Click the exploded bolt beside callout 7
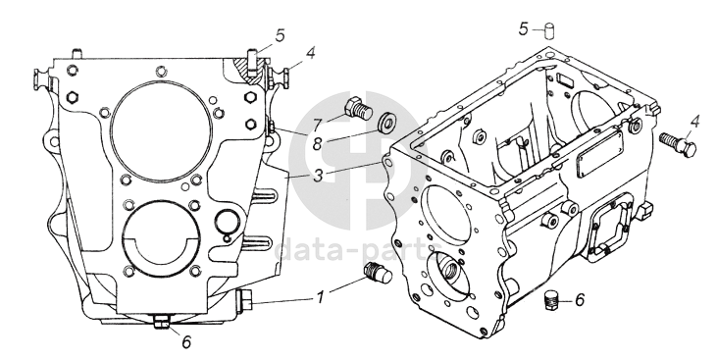358,108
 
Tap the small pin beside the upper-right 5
548,32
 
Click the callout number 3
319,176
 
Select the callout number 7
319,126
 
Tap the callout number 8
318,145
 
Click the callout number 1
320,298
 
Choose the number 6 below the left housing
186,341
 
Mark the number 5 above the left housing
280,35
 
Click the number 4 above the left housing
311,53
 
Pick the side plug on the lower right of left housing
244,302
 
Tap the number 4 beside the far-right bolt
695,123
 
